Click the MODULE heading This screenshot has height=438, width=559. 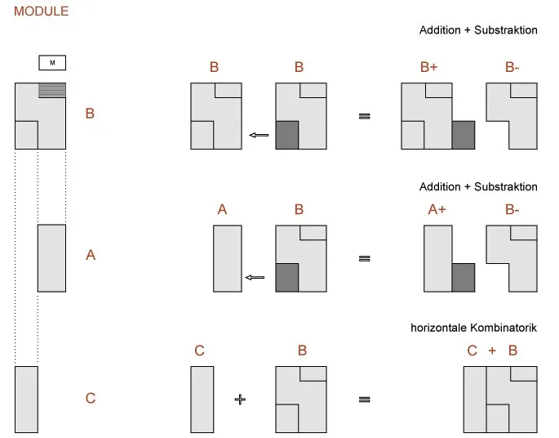[41, 11]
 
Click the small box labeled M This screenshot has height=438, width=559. [52, 63]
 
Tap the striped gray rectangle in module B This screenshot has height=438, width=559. [52, 91]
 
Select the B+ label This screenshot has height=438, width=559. [428, 67]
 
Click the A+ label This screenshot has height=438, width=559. [437, 209]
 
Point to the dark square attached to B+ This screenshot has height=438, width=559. [464, 135]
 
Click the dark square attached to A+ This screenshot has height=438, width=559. [464, 278]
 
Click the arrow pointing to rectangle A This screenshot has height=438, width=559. [255, 277]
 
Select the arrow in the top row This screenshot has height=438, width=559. [259, 135]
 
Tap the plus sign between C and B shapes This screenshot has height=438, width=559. [240, 399]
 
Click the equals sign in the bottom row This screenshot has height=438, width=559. [364, 400]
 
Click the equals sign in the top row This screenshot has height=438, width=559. [364, 116]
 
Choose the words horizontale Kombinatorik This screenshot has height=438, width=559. [473, 328]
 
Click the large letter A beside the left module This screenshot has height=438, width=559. [91, 255]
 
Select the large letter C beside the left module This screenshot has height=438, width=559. [91, 398]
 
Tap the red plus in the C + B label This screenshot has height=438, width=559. [492, 351]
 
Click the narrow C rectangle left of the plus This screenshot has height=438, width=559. [202, 400]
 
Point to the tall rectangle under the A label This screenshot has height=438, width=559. [228, 258]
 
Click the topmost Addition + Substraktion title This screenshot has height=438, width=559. [478, 30]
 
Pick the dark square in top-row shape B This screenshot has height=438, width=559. [287, 135]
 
